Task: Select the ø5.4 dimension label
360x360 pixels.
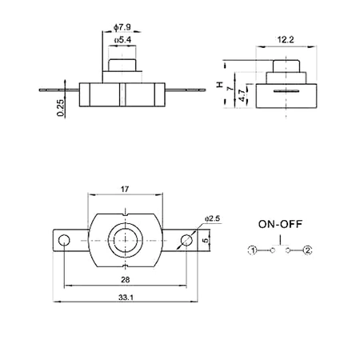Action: [x=122, y=39]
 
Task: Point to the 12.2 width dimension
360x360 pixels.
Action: [x=286, y=38]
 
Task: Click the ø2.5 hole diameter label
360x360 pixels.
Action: [x=212, y=217]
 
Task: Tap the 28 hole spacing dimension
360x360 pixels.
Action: [x=126, y=280]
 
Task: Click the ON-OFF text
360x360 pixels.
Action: [x=280, y=224]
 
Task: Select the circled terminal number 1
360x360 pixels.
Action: [x=253, y=250]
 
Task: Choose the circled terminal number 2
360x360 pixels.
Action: [x=307, y=250]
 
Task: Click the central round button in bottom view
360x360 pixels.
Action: [x=126, y=239]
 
